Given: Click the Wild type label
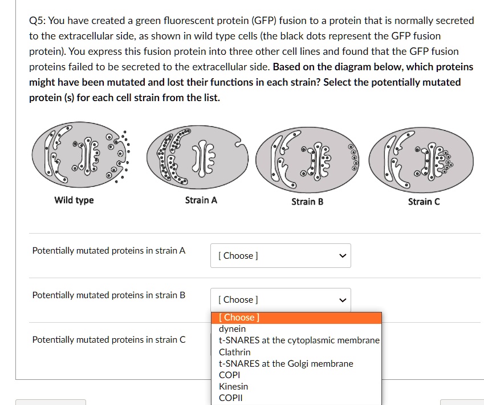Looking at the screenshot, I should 74,200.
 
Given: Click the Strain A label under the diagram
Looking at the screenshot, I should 201,201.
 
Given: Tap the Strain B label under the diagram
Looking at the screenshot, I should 307,202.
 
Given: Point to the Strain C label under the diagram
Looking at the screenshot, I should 424,202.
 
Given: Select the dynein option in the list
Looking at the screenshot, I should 233,328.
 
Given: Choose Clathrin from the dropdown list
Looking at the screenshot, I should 235,352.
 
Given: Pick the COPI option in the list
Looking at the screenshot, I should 230,375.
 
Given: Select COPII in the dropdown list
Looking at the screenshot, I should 231,398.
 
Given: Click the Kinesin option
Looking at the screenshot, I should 234,387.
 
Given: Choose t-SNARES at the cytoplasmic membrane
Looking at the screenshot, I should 299,340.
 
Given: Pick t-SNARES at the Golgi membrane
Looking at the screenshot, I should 286,363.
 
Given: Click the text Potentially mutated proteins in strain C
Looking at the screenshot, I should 109,340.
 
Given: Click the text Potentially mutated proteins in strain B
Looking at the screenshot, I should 109,295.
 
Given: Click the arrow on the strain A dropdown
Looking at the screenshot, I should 343,256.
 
